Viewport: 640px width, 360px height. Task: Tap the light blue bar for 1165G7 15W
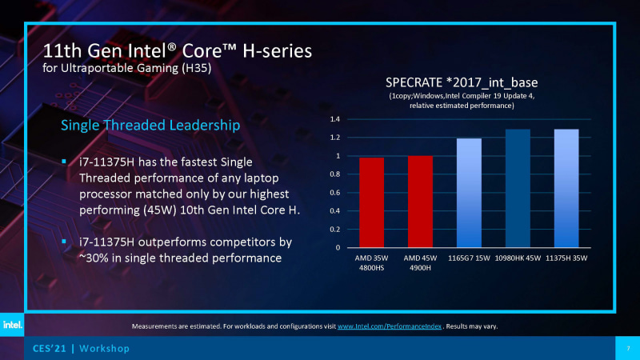(x=470, y=193)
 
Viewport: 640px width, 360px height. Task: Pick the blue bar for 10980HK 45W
(x=518, y=188)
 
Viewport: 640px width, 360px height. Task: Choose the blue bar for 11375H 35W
(x=566, y=188)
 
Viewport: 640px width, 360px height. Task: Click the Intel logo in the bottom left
(x=12, y=325)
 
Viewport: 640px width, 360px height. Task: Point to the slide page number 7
(x=627, y=350)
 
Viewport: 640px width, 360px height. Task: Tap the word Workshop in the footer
(x=103, y=350)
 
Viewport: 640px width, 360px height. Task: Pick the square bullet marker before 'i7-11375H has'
(x=66, y=162)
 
